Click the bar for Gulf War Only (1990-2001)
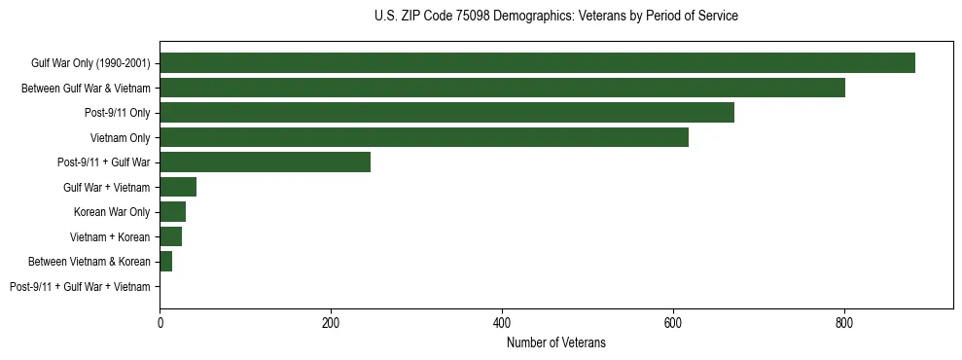tap(537, 63)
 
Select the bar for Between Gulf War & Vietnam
tap(502, 88)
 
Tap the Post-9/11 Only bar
tap(446, 113)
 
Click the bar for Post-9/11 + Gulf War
tap(265, 162)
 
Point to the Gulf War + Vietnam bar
tap(178, 187)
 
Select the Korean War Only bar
tap(172, 212)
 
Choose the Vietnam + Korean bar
tap(170, 236)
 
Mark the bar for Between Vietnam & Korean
tap(165, 262)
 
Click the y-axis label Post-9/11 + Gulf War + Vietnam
tap(80, 287)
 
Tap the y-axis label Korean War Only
tap(112, 212)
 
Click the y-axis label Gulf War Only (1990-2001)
tap(90, 63)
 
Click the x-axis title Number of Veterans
tap(555, 342)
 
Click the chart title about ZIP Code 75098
tap(555, 17)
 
